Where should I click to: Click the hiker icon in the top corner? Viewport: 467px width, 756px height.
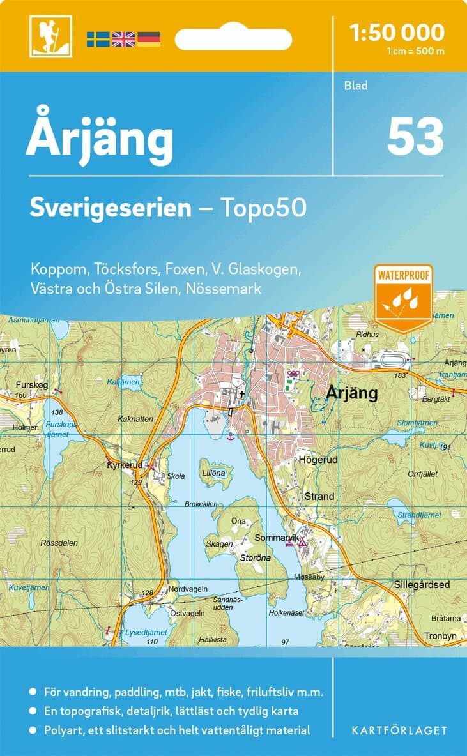pos(50,36)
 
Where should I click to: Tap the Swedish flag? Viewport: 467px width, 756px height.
pos(98,39)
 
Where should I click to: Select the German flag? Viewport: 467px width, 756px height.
pos(149,39)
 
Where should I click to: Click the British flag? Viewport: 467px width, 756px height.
pos(124,39)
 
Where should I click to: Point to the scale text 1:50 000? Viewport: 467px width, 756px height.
pos(397,32)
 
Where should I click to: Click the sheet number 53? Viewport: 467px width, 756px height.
pos(415,138)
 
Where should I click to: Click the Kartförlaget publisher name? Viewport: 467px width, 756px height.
pos(399,730)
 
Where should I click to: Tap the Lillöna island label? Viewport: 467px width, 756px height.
pos(214,473)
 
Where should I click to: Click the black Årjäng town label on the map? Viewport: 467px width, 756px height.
pos(352,393)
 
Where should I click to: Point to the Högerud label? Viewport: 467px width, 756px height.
pos(318,459)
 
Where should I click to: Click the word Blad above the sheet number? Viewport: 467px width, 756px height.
pos(356,86)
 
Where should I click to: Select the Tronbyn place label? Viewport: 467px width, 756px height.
pos(441,636)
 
